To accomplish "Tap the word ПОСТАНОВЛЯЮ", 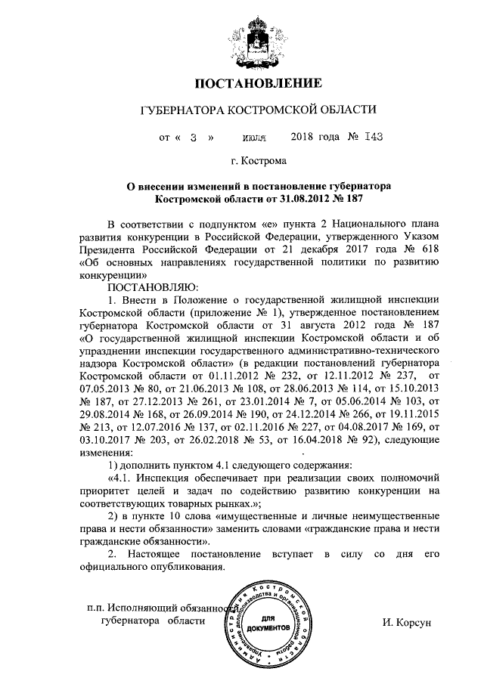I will [152, 287].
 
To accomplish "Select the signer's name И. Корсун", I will [406, 621].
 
